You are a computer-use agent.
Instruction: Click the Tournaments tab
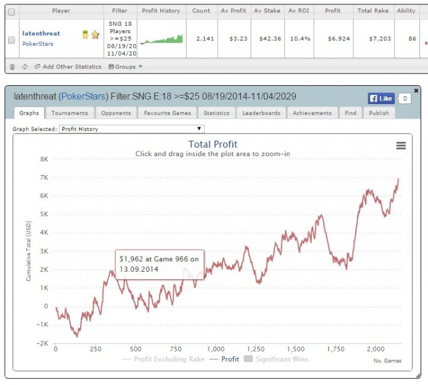pos(70,113)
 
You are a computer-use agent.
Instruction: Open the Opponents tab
pos(116,113)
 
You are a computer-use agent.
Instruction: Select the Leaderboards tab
pos(261,113)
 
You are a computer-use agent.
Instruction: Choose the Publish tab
pos(379,113)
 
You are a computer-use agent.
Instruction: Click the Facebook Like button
pos(381,99)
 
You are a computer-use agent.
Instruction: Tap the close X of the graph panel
pos(416,91)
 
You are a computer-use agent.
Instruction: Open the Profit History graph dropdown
pos(131,129)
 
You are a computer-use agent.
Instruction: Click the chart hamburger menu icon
pos(400,145)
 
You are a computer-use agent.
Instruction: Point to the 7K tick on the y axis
pos(44,178)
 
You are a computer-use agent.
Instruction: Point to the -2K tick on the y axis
pos(42,343)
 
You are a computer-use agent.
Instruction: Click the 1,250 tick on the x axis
pos(256,349)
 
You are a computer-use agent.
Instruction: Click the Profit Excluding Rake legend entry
pos(163,359)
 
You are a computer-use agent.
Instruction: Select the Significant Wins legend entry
pos(276,359)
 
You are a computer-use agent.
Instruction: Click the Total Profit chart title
pos(213,144)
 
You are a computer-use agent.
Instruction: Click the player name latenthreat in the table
pos(41,33)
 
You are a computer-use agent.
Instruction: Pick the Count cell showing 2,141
pos(205,39)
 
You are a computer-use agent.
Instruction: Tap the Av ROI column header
pos(299,10)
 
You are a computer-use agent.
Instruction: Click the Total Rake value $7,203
pos(380,39)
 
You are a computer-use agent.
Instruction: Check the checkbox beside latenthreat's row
pos(12,40)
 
